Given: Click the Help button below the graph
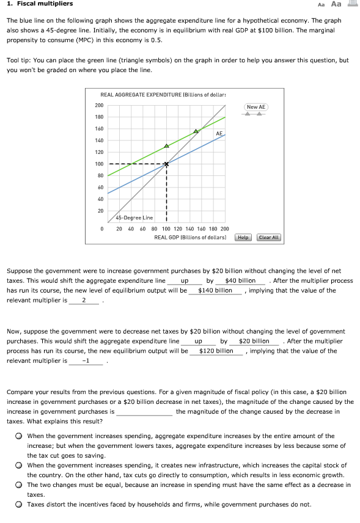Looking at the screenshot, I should click(x=243, y=237).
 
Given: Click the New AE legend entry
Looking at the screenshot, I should click(x=256, y=108).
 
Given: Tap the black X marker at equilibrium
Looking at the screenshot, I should click(x=166, y=164).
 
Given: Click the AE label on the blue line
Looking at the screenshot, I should click(x=219, y=133).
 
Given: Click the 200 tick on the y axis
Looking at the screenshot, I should click(x=99, y=105).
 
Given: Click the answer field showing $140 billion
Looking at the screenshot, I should click(x=215, y=290).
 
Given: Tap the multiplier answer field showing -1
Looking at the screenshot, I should click(x=86, y=361).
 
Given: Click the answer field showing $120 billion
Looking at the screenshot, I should click(x=216, y=351).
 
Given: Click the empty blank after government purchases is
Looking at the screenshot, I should click(x=144, y=412).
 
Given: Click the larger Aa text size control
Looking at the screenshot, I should click(x=336, y=4).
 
